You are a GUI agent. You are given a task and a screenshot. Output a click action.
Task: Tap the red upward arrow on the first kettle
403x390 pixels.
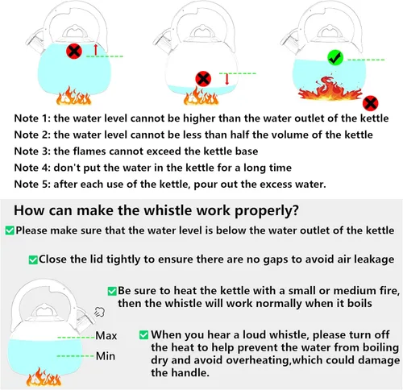[x=96, y=50]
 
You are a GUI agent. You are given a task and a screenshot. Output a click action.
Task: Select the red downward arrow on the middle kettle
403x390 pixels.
[x=227, y=78]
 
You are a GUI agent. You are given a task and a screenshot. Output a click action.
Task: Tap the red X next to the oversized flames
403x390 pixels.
[x=370, y=102]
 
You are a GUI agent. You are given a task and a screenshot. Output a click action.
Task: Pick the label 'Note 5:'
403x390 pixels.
[x=35, y=184]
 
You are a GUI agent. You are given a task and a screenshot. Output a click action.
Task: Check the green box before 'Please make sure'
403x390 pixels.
[x=10, y=230]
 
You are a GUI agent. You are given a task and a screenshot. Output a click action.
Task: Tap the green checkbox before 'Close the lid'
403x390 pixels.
[x=33, y=259]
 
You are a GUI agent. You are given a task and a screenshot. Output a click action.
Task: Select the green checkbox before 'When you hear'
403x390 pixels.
[x=143, y=334]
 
